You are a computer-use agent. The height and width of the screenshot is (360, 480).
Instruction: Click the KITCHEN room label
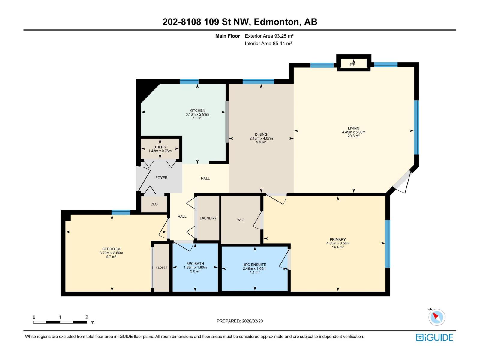(x=197, y=110)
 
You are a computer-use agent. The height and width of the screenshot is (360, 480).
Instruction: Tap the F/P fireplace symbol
(x=352, y=64)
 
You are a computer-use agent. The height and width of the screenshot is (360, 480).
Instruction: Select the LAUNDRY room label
(x=208, y=218)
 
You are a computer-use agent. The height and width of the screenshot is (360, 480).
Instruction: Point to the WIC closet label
(x=241, y=220)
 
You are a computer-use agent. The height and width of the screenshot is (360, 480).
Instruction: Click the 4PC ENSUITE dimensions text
(x=254, y=268)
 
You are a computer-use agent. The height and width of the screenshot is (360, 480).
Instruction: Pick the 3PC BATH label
(x=195, y=264)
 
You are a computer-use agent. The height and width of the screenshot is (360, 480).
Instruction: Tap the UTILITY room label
(x=160, y=147)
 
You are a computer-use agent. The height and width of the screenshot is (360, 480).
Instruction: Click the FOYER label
(x=161, y=178)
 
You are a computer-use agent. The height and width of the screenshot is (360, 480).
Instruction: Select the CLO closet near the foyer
(x=154, y=204)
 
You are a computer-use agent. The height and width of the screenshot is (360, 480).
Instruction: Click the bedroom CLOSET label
(x=161, y=268)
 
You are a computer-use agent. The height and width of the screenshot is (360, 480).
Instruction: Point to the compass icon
(x=437, y=317)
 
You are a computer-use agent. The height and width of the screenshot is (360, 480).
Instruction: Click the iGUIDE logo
(x=434, y=337)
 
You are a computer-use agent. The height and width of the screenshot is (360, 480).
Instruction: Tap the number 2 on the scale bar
(x=87, y=317)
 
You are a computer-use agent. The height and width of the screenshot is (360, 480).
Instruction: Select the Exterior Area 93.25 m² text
(x=269, y=36)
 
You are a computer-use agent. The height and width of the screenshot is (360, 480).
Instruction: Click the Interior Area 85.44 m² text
(x=268, y=43)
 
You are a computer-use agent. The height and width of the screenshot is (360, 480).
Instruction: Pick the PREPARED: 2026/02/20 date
(x=240, y=321)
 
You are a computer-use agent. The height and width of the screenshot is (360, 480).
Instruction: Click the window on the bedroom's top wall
(x=121, y=212)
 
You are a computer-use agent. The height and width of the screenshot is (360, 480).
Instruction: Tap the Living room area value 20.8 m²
(x=353, y=136)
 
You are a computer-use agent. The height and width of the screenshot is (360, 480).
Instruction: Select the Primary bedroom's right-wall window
(x=388, y=244)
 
